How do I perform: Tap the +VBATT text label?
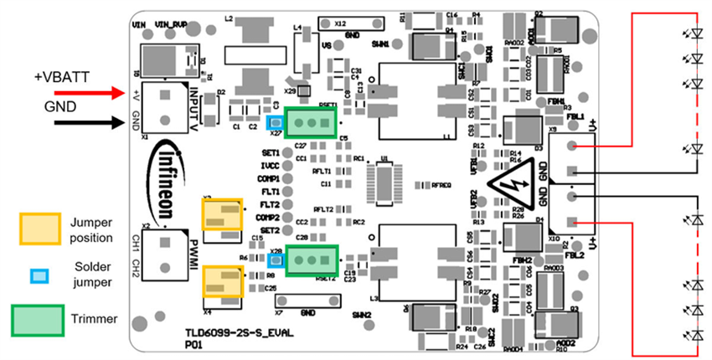[x=61, y=76]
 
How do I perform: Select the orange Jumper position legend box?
[x=39, y=228]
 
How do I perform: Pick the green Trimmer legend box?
[x=38, y=319]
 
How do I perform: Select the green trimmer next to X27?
[x=310, y=122]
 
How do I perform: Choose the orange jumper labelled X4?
[x=222, y=279]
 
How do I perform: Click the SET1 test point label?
[x=270, y=154]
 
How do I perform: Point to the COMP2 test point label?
[x=269, y=217]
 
